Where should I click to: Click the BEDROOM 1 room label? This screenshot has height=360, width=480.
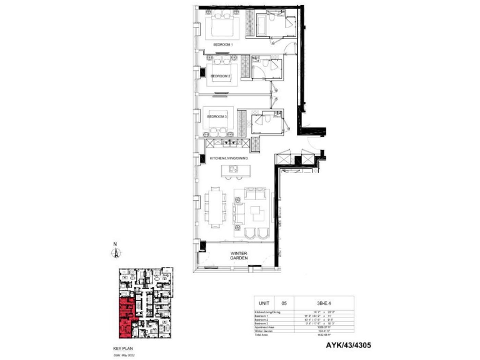click(223, 45)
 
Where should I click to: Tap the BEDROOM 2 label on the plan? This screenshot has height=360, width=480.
click(221, 76)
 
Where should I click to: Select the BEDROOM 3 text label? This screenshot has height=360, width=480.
click(217, 116)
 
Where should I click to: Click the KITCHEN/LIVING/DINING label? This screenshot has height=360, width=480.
click(229, 159)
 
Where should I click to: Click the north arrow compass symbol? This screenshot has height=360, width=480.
click(116, 252)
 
